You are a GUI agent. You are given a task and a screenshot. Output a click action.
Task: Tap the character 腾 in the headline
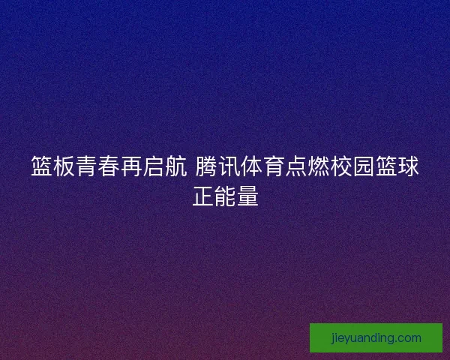206,166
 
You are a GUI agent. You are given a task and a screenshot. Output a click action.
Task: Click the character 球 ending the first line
409,166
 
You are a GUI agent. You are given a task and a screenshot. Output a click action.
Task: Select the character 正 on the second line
202,196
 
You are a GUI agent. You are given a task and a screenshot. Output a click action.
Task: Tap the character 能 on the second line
225,196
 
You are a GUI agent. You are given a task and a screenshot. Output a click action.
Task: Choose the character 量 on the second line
247,196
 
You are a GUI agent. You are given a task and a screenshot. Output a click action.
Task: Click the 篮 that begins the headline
42,166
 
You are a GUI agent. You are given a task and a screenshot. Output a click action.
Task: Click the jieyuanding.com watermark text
376,338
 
